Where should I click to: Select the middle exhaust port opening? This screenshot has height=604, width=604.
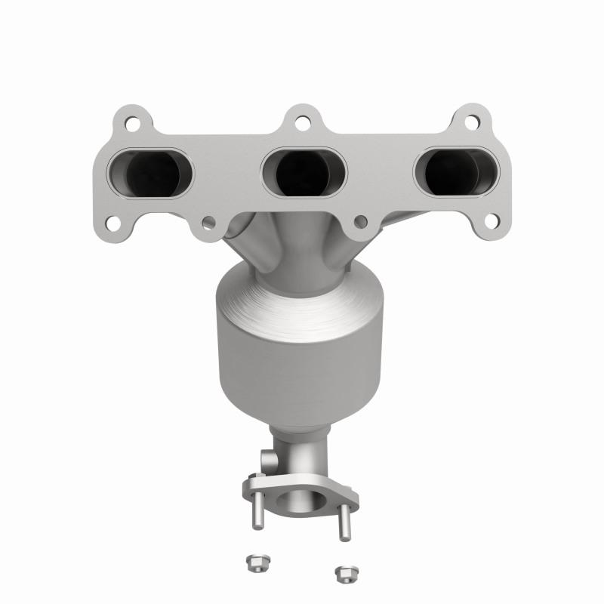pos(303,171)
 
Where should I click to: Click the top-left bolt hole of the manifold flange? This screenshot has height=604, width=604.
pos(133,122)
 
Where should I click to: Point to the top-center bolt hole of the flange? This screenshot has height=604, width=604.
pos(302,122)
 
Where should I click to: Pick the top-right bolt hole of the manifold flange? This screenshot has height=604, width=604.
pos(470,122)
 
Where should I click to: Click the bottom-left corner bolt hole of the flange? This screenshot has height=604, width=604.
pos(112,223)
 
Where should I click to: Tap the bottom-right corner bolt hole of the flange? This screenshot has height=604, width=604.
pos(491,221)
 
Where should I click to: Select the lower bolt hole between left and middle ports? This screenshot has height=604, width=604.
pos(210,223)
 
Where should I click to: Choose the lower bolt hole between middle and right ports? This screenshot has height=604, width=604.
pos(361,221)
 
